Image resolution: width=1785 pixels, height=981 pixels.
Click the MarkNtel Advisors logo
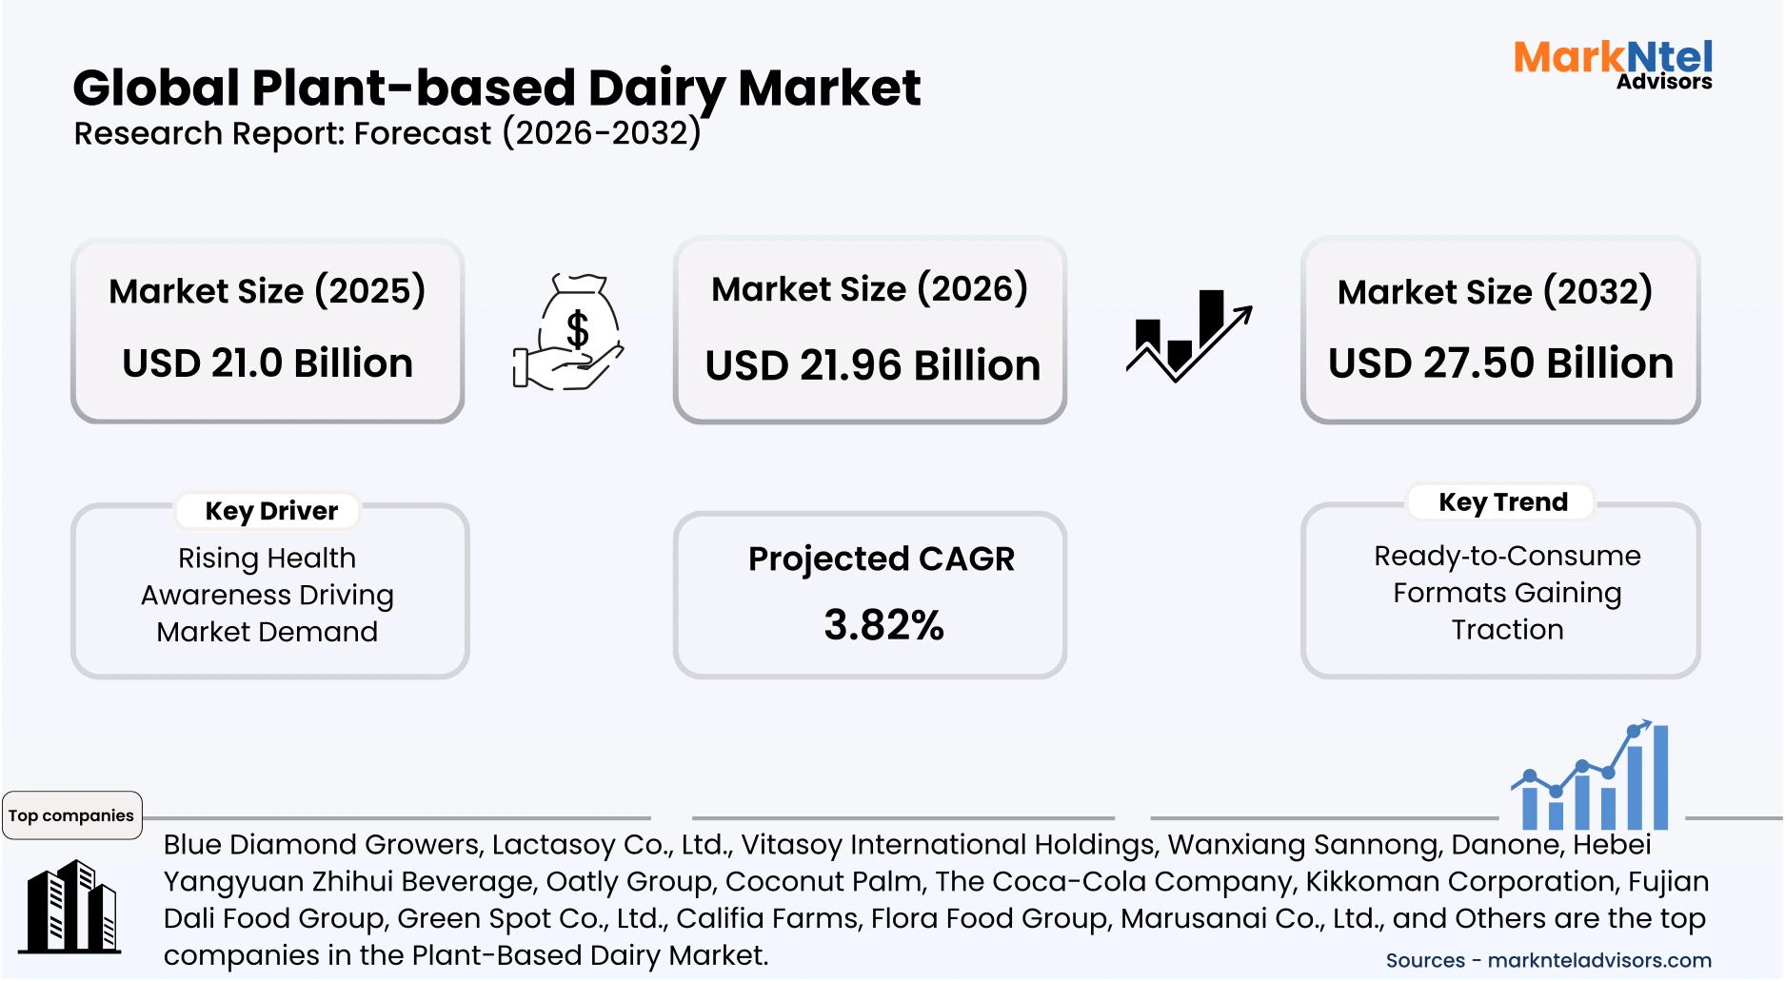[1613, 65]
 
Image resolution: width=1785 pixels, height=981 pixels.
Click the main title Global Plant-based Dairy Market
[496, 88]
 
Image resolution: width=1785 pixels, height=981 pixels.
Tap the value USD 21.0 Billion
[268, 363]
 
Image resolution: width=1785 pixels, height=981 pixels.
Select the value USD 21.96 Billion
[872, 366]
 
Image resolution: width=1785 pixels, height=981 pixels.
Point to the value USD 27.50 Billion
[1500, 363]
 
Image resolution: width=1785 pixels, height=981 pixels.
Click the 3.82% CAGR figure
[883, 625]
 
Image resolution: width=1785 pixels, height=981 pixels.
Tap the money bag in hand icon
[568, 333]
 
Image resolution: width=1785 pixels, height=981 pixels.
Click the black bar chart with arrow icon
[1188, 336]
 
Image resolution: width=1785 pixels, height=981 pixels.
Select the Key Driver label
[271, 511]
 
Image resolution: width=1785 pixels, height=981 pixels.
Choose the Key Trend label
[1502, 502]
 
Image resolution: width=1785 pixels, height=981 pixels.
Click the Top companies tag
[71, 815]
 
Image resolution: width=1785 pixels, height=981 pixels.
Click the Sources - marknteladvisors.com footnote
[1548, 960]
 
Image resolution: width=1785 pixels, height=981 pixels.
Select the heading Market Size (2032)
[1495, 291]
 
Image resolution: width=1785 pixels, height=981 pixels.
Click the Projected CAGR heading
[882, 559]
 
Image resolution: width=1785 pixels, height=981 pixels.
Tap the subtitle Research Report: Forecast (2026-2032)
[387, 133]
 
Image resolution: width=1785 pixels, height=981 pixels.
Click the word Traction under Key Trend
[1507, 630]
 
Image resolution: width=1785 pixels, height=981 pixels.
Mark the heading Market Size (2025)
[267, 291]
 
